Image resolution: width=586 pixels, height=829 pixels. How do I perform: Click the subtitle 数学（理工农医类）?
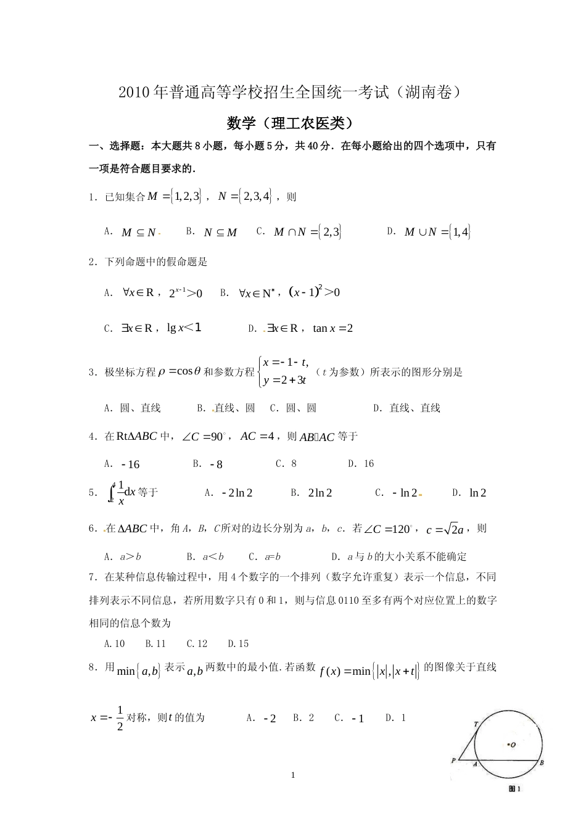pyautogui.click(x=292, y=123)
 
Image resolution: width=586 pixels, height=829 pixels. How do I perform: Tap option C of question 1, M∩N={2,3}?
pyautogui.click(x=307, y=232)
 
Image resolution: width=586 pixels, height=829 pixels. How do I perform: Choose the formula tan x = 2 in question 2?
pyautogui.click(x=333, y=328)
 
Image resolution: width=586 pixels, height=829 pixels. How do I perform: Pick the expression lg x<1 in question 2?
pyautogui.click(x=184, y=328)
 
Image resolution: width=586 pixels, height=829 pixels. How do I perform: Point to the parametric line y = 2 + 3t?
pyautogui.click(x=285, y=380)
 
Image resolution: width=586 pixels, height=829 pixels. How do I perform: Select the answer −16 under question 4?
pyautogui.click(x=131, y=464)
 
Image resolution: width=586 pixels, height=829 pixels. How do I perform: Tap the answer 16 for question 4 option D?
pyautogui.click(x=369, y=464)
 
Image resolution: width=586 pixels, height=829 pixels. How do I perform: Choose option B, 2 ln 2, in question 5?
pyautogui.click(x=320, y=493)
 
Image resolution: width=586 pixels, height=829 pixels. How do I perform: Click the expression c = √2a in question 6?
pyautogui.click(x=445, y=529)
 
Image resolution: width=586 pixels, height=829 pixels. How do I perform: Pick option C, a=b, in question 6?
pyautogui.click(x=273, y=556)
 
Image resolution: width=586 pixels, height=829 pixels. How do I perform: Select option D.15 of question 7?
pyautogui.click(x=238, y=643)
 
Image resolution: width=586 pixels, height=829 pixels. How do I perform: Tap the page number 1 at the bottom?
pyautogui.click(x=293, y=775)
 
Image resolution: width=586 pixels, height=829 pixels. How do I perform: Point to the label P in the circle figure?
pyautogui.click(x=453, y=761)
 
